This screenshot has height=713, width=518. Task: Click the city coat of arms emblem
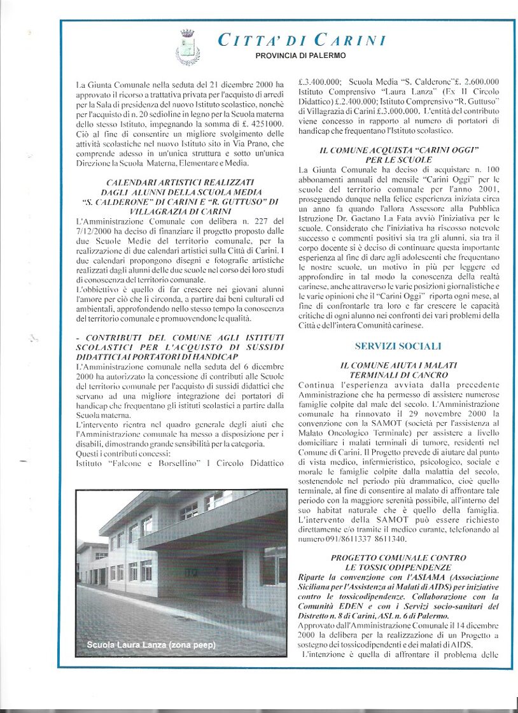tap(188, 47)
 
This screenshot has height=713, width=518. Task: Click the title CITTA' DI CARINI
tap(302, 41)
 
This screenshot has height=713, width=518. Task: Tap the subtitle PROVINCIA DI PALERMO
tap(301, 56)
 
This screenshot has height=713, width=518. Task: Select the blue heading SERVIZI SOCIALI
tap(398, 346)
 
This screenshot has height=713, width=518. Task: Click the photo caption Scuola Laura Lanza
tap(151, 645)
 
